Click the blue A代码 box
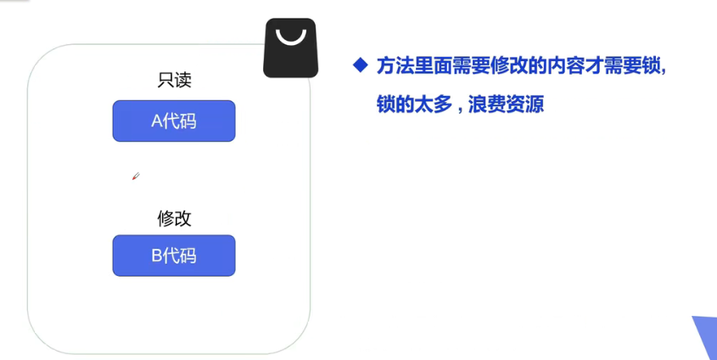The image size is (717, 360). (173, 121)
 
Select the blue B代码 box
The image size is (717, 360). (173, 255)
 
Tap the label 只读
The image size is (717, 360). (174, 81)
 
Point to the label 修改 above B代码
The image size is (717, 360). (174, 218)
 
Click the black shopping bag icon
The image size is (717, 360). (290, 48)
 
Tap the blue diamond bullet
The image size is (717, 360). (361, 65)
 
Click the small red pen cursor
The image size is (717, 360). (135, 177)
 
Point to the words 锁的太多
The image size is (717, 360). (412, 105)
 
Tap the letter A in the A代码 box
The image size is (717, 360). (156, 121)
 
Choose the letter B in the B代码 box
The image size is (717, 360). (156, 256)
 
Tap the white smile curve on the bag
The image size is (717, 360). (290, 38)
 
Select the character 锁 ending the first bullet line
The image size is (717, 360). (653, 66)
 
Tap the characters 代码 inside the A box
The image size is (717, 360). (181, 121)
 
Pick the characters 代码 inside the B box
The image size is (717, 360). (181, 256)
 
